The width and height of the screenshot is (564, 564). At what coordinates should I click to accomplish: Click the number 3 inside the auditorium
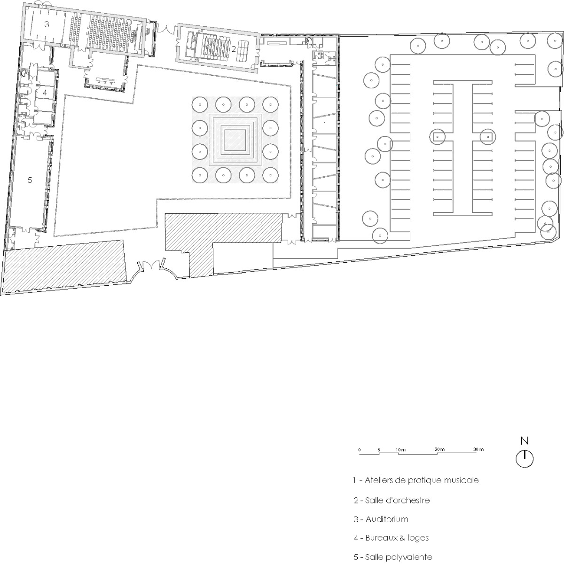[47, 24]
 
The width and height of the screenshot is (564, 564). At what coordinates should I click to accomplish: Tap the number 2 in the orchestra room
[233, 49]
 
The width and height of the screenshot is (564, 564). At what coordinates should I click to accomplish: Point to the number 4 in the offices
[45, 93]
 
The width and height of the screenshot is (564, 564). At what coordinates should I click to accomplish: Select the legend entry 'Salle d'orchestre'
[398, 500]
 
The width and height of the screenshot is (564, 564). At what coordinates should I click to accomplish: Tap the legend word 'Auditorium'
[387, 519]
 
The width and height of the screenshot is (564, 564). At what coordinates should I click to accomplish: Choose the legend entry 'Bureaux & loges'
[397, 538]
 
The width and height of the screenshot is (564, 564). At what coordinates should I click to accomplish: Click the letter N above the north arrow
[525, 441]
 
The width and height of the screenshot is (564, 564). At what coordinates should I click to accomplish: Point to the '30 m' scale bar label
[478, 450]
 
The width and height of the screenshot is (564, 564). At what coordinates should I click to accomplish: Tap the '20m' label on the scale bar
[439, 450]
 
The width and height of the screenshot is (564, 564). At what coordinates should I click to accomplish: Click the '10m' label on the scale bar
[400, 450]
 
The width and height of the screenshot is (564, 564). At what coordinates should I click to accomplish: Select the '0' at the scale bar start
[360, 450]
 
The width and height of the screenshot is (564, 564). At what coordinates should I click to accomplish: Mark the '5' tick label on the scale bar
[379, 450]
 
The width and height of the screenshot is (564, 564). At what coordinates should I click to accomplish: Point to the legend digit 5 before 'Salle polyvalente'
[356, 557]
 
